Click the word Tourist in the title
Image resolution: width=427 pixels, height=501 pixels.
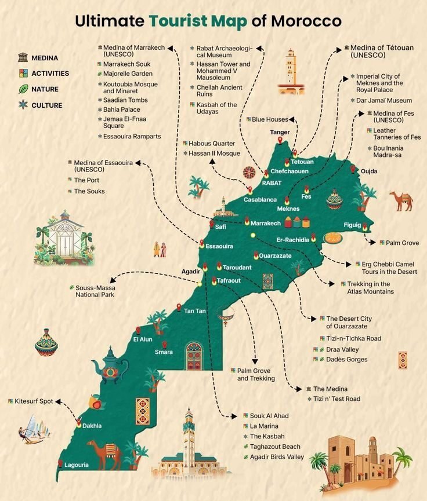(178, 21)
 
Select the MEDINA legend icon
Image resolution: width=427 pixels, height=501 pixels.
(23, 57)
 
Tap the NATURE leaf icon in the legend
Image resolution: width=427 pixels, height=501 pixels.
(23, 89)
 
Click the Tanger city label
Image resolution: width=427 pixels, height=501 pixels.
(280, 132)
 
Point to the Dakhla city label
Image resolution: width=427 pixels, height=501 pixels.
(92, 426)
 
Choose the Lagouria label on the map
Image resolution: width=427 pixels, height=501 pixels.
(77, 465)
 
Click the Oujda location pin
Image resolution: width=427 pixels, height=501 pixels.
(352, 169)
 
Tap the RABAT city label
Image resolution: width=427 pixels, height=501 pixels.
(272, 183)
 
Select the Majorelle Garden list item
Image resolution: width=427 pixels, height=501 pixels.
(128, 74)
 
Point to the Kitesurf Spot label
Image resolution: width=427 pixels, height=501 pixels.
(34, 401)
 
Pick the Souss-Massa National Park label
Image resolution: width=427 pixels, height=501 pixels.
(95, 291)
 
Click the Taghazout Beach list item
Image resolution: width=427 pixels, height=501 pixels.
(275, 447)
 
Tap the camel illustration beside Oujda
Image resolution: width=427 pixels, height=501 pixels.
(401, 200)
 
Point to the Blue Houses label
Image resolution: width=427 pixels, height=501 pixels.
(270, 119)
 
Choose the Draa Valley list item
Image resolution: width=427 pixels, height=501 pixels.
(342, 349)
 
